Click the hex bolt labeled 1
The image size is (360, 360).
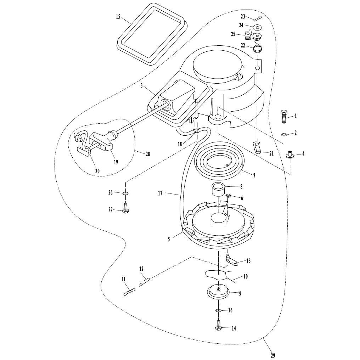(x=284, y=117)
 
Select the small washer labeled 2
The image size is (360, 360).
(x=284, y=134)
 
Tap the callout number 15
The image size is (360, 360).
(x=118, y=17)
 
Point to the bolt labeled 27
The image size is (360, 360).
(x=125, y=208)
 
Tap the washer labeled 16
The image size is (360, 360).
(x=218, y=311)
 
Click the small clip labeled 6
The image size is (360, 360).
(x=228, y=196)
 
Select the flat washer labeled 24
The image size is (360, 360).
(x=257, y=27)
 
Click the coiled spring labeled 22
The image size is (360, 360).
(x=258, y=49)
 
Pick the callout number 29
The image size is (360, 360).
(x=273, y=355)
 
